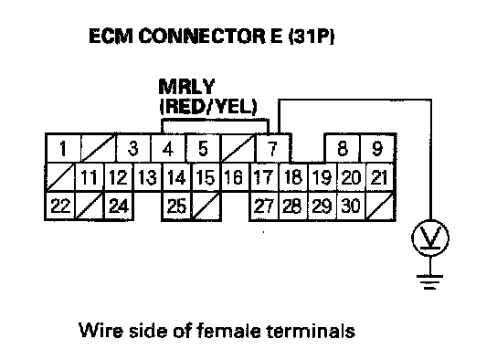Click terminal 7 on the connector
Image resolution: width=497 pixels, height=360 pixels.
272,148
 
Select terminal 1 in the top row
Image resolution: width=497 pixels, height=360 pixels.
63,148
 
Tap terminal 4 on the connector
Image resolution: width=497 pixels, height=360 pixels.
168,148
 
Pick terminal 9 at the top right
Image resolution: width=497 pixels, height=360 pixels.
377,148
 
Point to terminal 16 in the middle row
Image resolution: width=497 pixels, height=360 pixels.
234,177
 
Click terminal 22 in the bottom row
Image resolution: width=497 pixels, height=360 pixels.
60,206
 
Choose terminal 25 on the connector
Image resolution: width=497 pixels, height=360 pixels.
176,206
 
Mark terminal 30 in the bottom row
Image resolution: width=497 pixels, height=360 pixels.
351,206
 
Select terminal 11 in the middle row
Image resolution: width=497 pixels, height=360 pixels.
89,177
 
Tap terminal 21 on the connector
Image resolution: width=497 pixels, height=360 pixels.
380,177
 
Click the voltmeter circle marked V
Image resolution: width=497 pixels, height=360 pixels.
430,238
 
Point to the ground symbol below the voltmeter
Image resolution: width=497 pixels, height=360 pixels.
429,281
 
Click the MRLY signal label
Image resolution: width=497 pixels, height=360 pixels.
186,87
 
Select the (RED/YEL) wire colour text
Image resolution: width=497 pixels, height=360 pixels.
208,107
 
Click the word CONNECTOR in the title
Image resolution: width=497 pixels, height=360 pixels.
202,36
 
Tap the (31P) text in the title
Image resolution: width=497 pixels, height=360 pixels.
312,36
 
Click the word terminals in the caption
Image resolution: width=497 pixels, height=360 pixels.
311,331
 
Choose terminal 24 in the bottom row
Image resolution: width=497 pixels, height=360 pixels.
119,206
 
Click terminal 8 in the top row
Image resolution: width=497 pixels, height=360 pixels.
343,148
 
